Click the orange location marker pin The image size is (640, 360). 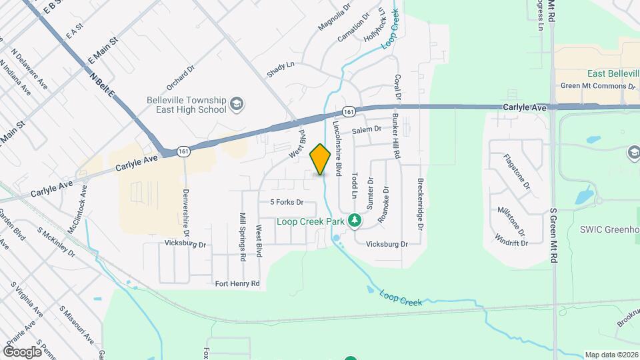pos(321,159)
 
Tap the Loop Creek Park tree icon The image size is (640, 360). pos(355,221)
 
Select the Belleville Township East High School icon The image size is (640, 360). pos(237,104)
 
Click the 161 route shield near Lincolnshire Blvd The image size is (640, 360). pos(348,111)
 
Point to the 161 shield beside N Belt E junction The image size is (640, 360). pos(184,153)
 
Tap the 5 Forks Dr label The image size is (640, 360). pos(287,202)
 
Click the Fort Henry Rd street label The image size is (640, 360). pos(237,284)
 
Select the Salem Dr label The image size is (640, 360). pos(367,129)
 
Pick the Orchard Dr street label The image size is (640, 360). pos(180,77)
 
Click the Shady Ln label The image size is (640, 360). pos(281,69)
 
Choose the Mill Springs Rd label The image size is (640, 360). pos(243,237)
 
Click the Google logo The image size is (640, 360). pos(23,351)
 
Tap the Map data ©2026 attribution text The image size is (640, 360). pos(611,355)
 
